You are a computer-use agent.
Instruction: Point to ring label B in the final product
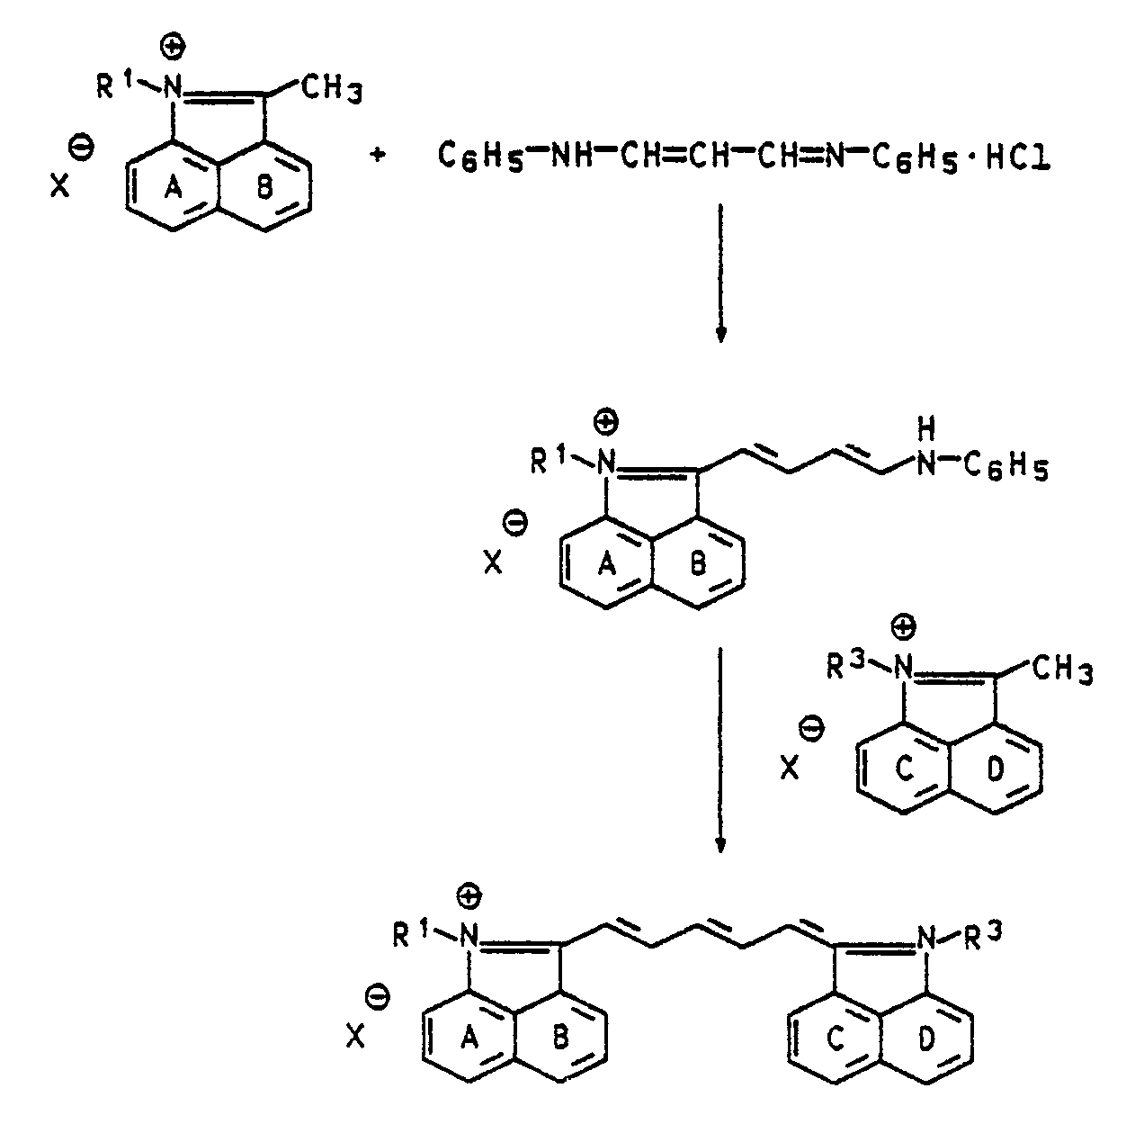point(559,1037)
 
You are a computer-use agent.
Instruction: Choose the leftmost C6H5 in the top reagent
point(474,158)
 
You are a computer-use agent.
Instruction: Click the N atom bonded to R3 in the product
point(926,940)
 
